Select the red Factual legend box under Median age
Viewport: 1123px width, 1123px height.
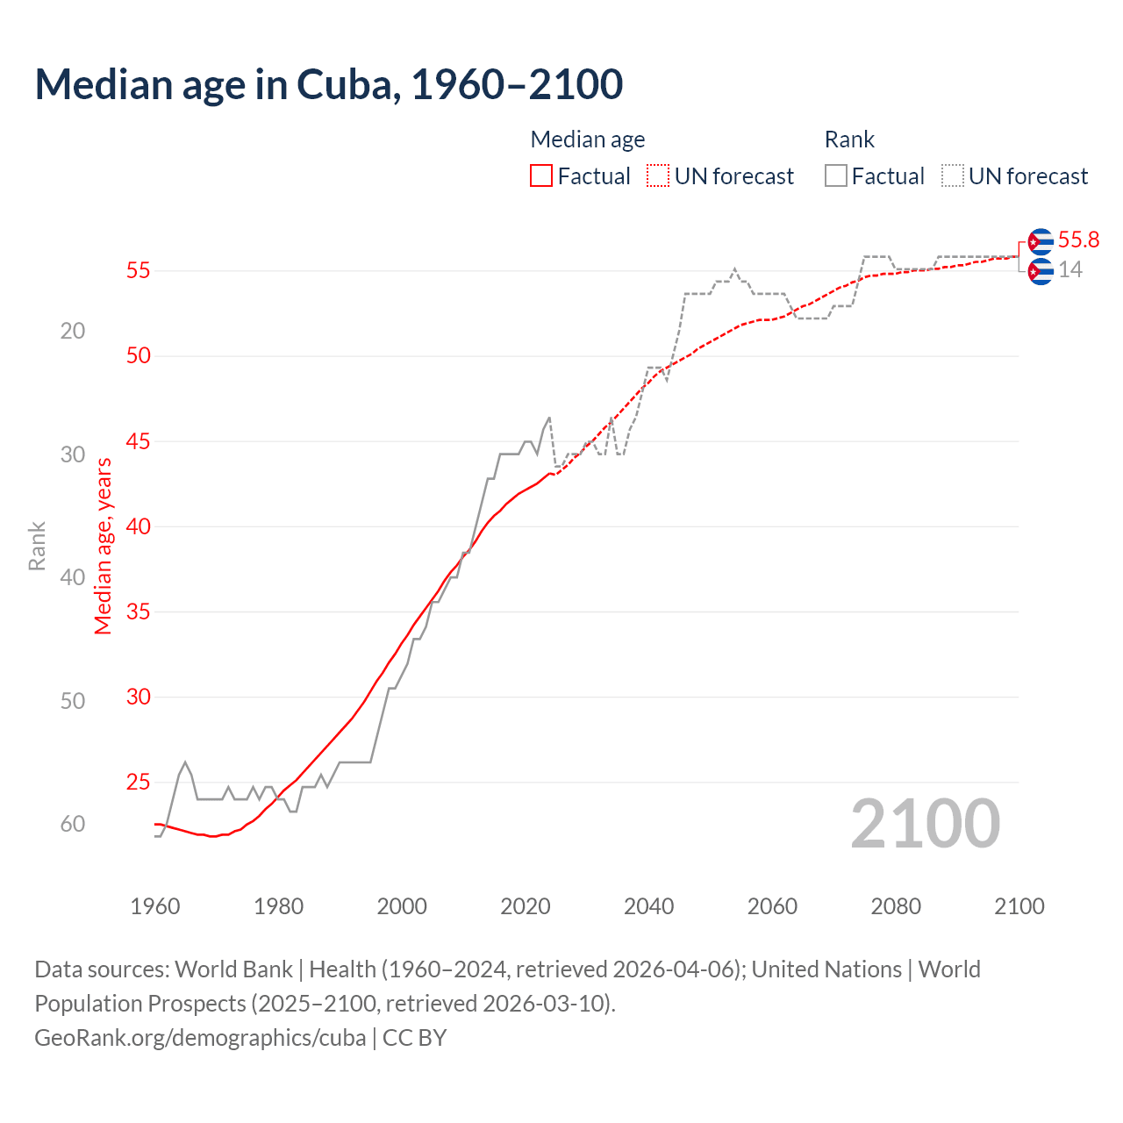541,176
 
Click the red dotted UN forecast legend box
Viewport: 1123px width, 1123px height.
658,176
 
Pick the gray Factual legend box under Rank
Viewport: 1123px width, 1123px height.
836,176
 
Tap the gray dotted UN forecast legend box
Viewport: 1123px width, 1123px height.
953,176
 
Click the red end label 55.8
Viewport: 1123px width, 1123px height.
1078,240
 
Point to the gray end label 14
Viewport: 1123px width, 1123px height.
1070,270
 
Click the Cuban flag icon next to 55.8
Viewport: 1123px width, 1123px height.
1041,241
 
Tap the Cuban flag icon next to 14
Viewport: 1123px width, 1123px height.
1041,272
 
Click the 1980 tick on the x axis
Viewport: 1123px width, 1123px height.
278,906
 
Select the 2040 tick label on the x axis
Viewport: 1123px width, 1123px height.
648,906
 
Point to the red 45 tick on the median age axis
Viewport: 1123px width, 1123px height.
139,441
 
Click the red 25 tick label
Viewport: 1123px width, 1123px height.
139,782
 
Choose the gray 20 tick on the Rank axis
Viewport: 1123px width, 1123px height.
73,331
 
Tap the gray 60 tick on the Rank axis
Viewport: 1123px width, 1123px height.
73,824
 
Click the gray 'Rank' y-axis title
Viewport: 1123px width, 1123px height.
37,546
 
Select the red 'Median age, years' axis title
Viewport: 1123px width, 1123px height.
104,546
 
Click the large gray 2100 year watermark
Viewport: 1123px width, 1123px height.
925,824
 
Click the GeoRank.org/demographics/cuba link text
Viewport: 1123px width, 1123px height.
200,1038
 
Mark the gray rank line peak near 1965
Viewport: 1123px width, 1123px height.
185,762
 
